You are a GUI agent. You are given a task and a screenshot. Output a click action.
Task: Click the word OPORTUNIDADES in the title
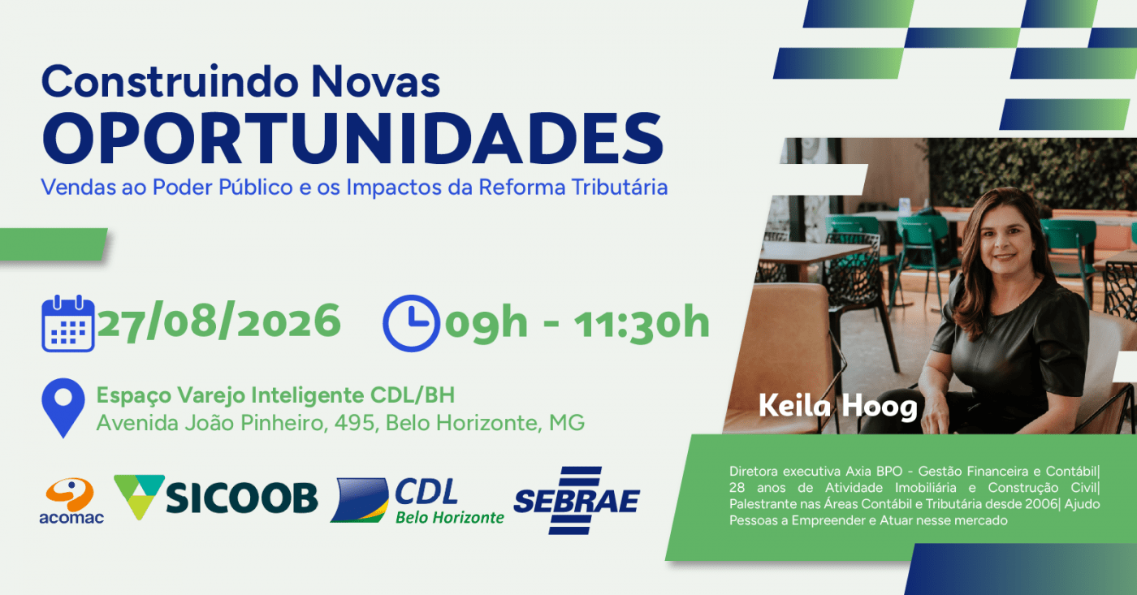[x=352, y=139]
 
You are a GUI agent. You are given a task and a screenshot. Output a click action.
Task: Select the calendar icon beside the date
[x=68, y=323]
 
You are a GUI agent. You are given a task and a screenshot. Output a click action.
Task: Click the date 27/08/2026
[x=218, y=321]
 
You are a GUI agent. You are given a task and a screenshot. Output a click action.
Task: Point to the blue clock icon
[x=411, y=323]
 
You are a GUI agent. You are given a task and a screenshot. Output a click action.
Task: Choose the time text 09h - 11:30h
[x=577, y=322]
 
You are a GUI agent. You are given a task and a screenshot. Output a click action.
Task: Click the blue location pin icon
[x=63, y=407]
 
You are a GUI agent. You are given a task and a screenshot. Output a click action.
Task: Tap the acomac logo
[x=71, y=501]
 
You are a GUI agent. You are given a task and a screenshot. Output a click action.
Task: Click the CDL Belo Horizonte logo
[x=417, y=500]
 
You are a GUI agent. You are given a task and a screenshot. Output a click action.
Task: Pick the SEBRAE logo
[x=577, y=501]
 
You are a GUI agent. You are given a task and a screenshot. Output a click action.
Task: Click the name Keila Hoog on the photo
[x=838, y=407]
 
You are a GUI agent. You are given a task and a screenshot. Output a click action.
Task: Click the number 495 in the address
[x=357, y=423]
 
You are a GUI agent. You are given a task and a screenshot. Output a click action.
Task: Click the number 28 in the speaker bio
[x=737, y=488]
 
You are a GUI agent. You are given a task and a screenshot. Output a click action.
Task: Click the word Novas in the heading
[x=375, y=82]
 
